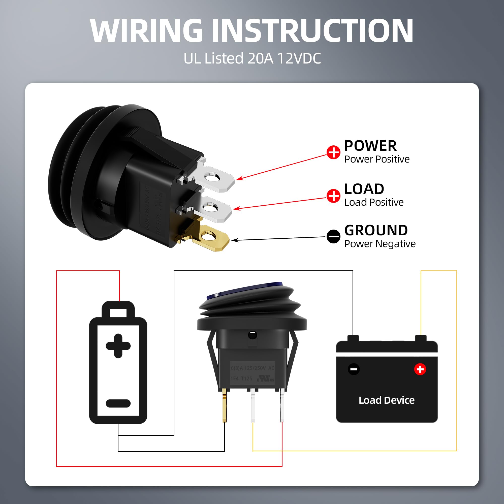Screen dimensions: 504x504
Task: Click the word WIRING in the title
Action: [x=146, y=31]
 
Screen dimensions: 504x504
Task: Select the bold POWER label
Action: [x=370, y=146]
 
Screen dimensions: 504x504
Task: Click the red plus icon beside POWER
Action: [x=333, y=152]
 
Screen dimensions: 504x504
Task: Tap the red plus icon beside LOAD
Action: [x=333, y=196]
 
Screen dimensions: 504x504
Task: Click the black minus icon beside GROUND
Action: [x=333, y=237]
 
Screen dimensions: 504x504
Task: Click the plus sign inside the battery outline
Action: [x=118, y=346]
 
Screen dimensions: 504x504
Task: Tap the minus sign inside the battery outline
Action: [x=118, y=403]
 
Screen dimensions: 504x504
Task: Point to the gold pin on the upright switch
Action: [x=224, y=407]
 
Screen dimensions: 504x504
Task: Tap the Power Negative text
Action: [x=380, y=244]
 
